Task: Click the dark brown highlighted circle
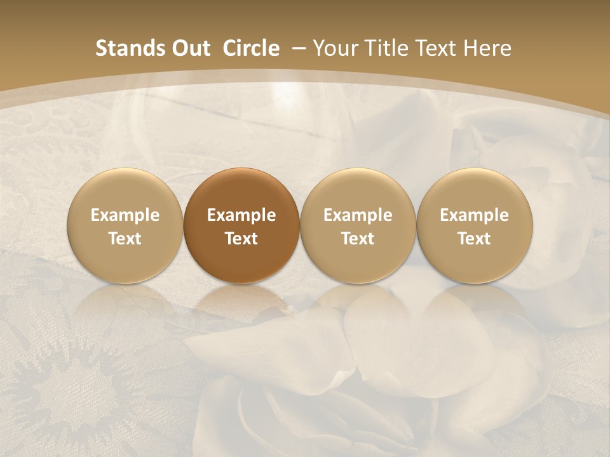[x=241, y=225]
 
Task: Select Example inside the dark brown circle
[x=241, y=215]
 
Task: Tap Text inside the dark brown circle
[x=241, y=239]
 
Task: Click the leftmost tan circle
[x=125, y=225]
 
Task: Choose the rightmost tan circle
[x=474, y=225]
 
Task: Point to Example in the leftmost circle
[x=125, y=215]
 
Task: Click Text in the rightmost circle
[x=474, y=239]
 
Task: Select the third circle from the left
[x=358, y=225]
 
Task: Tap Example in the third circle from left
[x=358, y=215]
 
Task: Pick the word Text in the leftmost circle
[x=125, y=239]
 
